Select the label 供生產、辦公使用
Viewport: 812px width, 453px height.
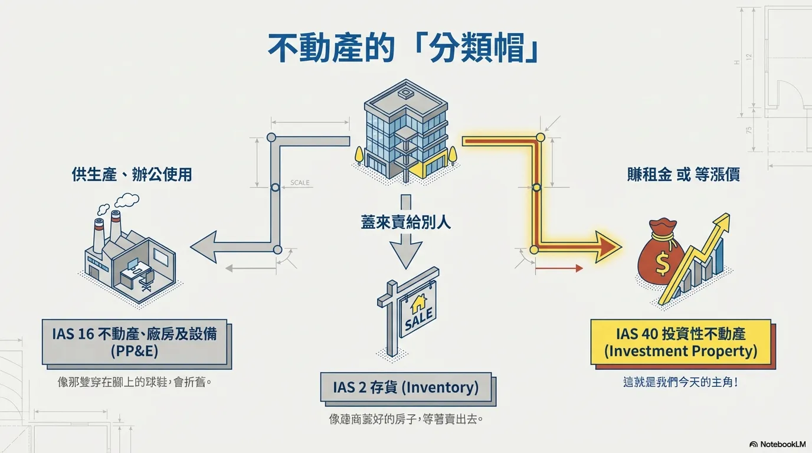[x=132, y=175]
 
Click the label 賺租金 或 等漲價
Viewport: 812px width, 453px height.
[x=683, y=175]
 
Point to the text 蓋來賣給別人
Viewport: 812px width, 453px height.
[x=406, y=222]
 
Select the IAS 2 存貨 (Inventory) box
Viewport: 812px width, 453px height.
[x=405, y=388]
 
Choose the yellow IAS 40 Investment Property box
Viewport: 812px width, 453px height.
[x=680, y=342]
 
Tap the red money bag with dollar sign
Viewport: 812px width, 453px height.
[x=663, y=260]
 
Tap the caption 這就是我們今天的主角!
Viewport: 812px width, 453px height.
[x=680, y=382]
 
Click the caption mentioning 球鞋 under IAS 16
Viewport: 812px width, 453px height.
[x=134, y=382]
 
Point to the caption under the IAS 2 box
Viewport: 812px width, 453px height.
[x=405, y=420]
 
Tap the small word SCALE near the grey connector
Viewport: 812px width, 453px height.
[x=300, y=183]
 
